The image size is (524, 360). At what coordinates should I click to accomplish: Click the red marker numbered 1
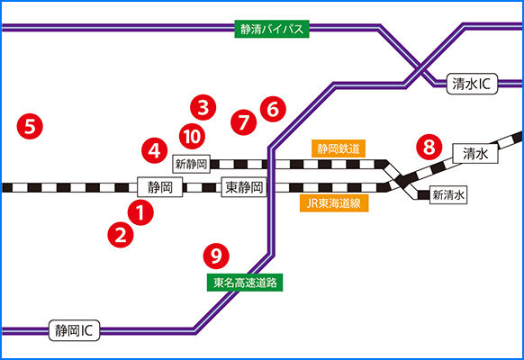coord(140,212)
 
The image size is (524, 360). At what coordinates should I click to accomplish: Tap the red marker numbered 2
coord(121,235)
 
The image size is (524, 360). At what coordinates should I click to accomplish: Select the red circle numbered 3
coord(203,107)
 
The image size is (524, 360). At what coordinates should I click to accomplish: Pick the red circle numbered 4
coord(154,150)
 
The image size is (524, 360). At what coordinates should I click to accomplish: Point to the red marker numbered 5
coord(30,127)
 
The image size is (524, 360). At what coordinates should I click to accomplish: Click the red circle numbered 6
coord(273,109)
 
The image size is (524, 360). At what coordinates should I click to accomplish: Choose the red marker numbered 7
coord(244,122)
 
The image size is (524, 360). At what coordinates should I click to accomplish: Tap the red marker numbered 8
coord(429,147)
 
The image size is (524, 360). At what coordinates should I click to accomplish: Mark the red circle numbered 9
coord(216,256)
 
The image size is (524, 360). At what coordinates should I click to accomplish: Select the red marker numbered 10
coord(192,136)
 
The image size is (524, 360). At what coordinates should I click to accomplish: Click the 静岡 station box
coord(160,187)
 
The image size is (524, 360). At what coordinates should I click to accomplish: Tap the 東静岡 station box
coord(244,187)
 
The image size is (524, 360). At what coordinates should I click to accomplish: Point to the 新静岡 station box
coord(191,164)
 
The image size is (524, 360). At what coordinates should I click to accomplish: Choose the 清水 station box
coord(475,154)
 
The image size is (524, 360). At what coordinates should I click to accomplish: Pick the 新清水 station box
coord(448,194)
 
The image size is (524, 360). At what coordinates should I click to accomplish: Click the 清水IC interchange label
coord(472,84)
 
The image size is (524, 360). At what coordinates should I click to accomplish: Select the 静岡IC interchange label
coord(74,330)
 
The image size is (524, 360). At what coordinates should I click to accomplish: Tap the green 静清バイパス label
coord(272,29)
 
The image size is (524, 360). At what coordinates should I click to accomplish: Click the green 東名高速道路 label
coord(245,283)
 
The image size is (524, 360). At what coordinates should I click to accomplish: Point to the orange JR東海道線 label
coord(334,203)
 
